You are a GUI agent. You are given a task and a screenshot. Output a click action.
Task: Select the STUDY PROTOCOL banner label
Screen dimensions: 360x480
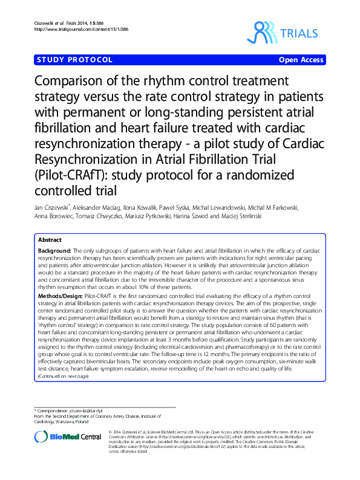(75, 60)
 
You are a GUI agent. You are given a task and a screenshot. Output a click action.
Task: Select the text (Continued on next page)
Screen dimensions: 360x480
(63, 376)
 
